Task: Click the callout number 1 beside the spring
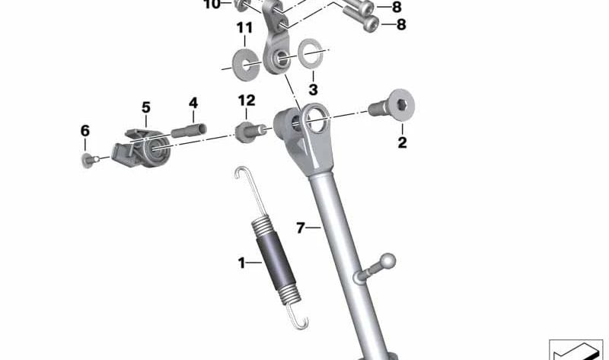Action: click(241, 263)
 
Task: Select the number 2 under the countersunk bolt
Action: click(403, 142)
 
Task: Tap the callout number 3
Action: click(313, 89)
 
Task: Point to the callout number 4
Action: click(193, 103)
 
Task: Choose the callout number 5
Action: click(145, 107)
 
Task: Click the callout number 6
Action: click(84, 131)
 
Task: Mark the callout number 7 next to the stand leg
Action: click(300, 227)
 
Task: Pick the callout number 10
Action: click(212, 5)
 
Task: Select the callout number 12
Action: click(246, 100)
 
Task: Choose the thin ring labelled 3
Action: click(310, 56)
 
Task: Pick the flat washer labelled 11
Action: click(245, 60)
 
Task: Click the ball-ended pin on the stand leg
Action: click(384, 263)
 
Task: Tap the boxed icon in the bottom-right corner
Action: click(576, 350)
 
